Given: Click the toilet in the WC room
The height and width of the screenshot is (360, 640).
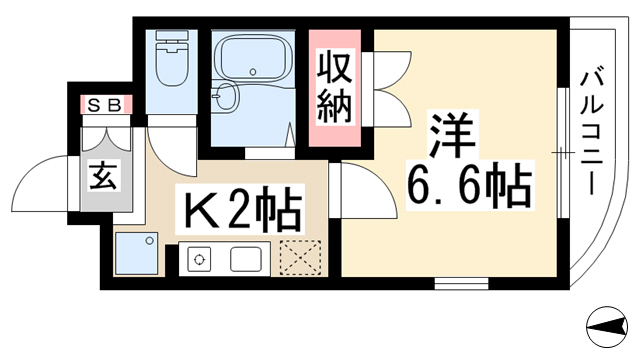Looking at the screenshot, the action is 171,58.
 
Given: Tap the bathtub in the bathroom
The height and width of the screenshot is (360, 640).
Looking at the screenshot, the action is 253,56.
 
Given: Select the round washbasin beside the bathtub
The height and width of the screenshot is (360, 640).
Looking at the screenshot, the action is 223,96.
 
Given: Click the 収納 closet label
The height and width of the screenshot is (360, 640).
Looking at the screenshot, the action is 334,88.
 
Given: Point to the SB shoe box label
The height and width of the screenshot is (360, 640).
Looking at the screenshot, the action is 105,106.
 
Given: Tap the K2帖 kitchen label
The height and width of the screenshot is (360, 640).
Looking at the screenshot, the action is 240,208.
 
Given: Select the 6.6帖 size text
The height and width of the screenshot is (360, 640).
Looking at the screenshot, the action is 469,185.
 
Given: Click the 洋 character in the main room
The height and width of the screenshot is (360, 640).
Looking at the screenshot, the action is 452,134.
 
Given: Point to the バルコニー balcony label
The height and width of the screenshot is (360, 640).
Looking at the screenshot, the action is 591,132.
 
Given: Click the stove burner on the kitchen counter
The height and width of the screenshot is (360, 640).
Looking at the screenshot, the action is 199,259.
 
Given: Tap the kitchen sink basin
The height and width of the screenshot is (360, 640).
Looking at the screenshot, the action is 246,259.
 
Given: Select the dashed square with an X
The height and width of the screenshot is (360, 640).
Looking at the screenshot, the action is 300,257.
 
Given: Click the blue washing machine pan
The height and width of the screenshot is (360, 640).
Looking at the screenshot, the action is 137,253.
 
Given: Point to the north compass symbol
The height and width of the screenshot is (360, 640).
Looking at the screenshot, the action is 607,327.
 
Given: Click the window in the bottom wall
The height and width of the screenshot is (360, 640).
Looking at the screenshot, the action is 461,283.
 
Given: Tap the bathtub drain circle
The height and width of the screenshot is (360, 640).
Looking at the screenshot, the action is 253,72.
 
